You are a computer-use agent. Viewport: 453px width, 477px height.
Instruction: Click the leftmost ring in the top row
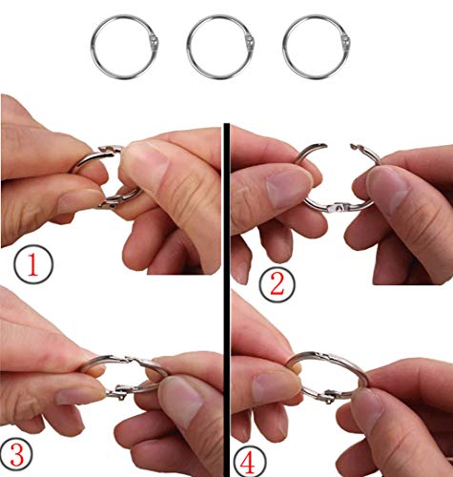tap(92, 48)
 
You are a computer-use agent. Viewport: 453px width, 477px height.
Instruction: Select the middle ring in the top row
tap(188, 48)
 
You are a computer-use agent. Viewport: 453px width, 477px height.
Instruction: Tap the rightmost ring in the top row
tap(283, 48)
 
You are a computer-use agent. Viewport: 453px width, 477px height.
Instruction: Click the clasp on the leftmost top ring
tap(154, 42)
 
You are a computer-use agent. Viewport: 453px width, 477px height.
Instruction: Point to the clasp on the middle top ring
tap(251, 42)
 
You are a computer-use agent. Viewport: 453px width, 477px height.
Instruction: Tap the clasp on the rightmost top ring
tap(346, 42)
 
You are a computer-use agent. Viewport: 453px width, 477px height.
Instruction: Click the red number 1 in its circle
tap(33, 265)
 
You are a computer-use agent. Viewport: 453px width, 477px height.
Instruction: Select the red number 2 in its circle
tap(278, 284)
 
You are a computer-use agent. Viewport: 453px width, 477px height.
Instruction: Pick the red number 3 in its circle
tap(17, 455)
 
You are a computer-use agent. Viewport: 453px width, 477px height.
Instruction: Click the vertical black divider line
tap(227, 300)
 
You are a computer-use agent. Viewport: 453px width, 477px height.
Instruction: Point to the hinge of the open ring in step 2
tap(340, 209)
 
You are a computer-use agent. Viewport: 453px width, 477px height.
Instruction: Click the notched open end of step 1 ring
tap(110, 148)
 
